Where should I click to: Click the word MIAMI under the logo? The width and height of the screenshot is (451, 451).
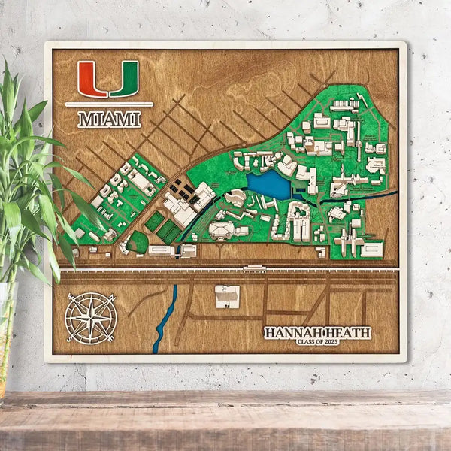tap(109, 119)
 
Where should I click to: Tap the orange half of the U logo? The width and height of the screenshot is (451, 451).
tap(92, 78)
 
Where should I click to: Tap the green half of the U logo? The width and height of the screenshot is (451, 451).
tap(126, 78)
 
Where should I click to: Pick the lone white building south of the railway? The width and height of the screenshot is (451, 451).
tap(227, 296)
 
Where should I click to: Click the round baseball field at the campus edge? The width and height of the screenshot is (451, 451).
tap(138, 242)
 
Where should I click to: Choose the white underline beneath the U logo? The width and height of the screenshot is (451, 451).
tap(109, 104)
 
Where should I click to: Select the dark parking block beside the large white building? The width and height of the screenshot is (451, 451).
tap(178, 187)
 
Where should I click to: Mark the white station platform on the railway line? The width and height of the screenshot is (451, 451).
tap(254, 266)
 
